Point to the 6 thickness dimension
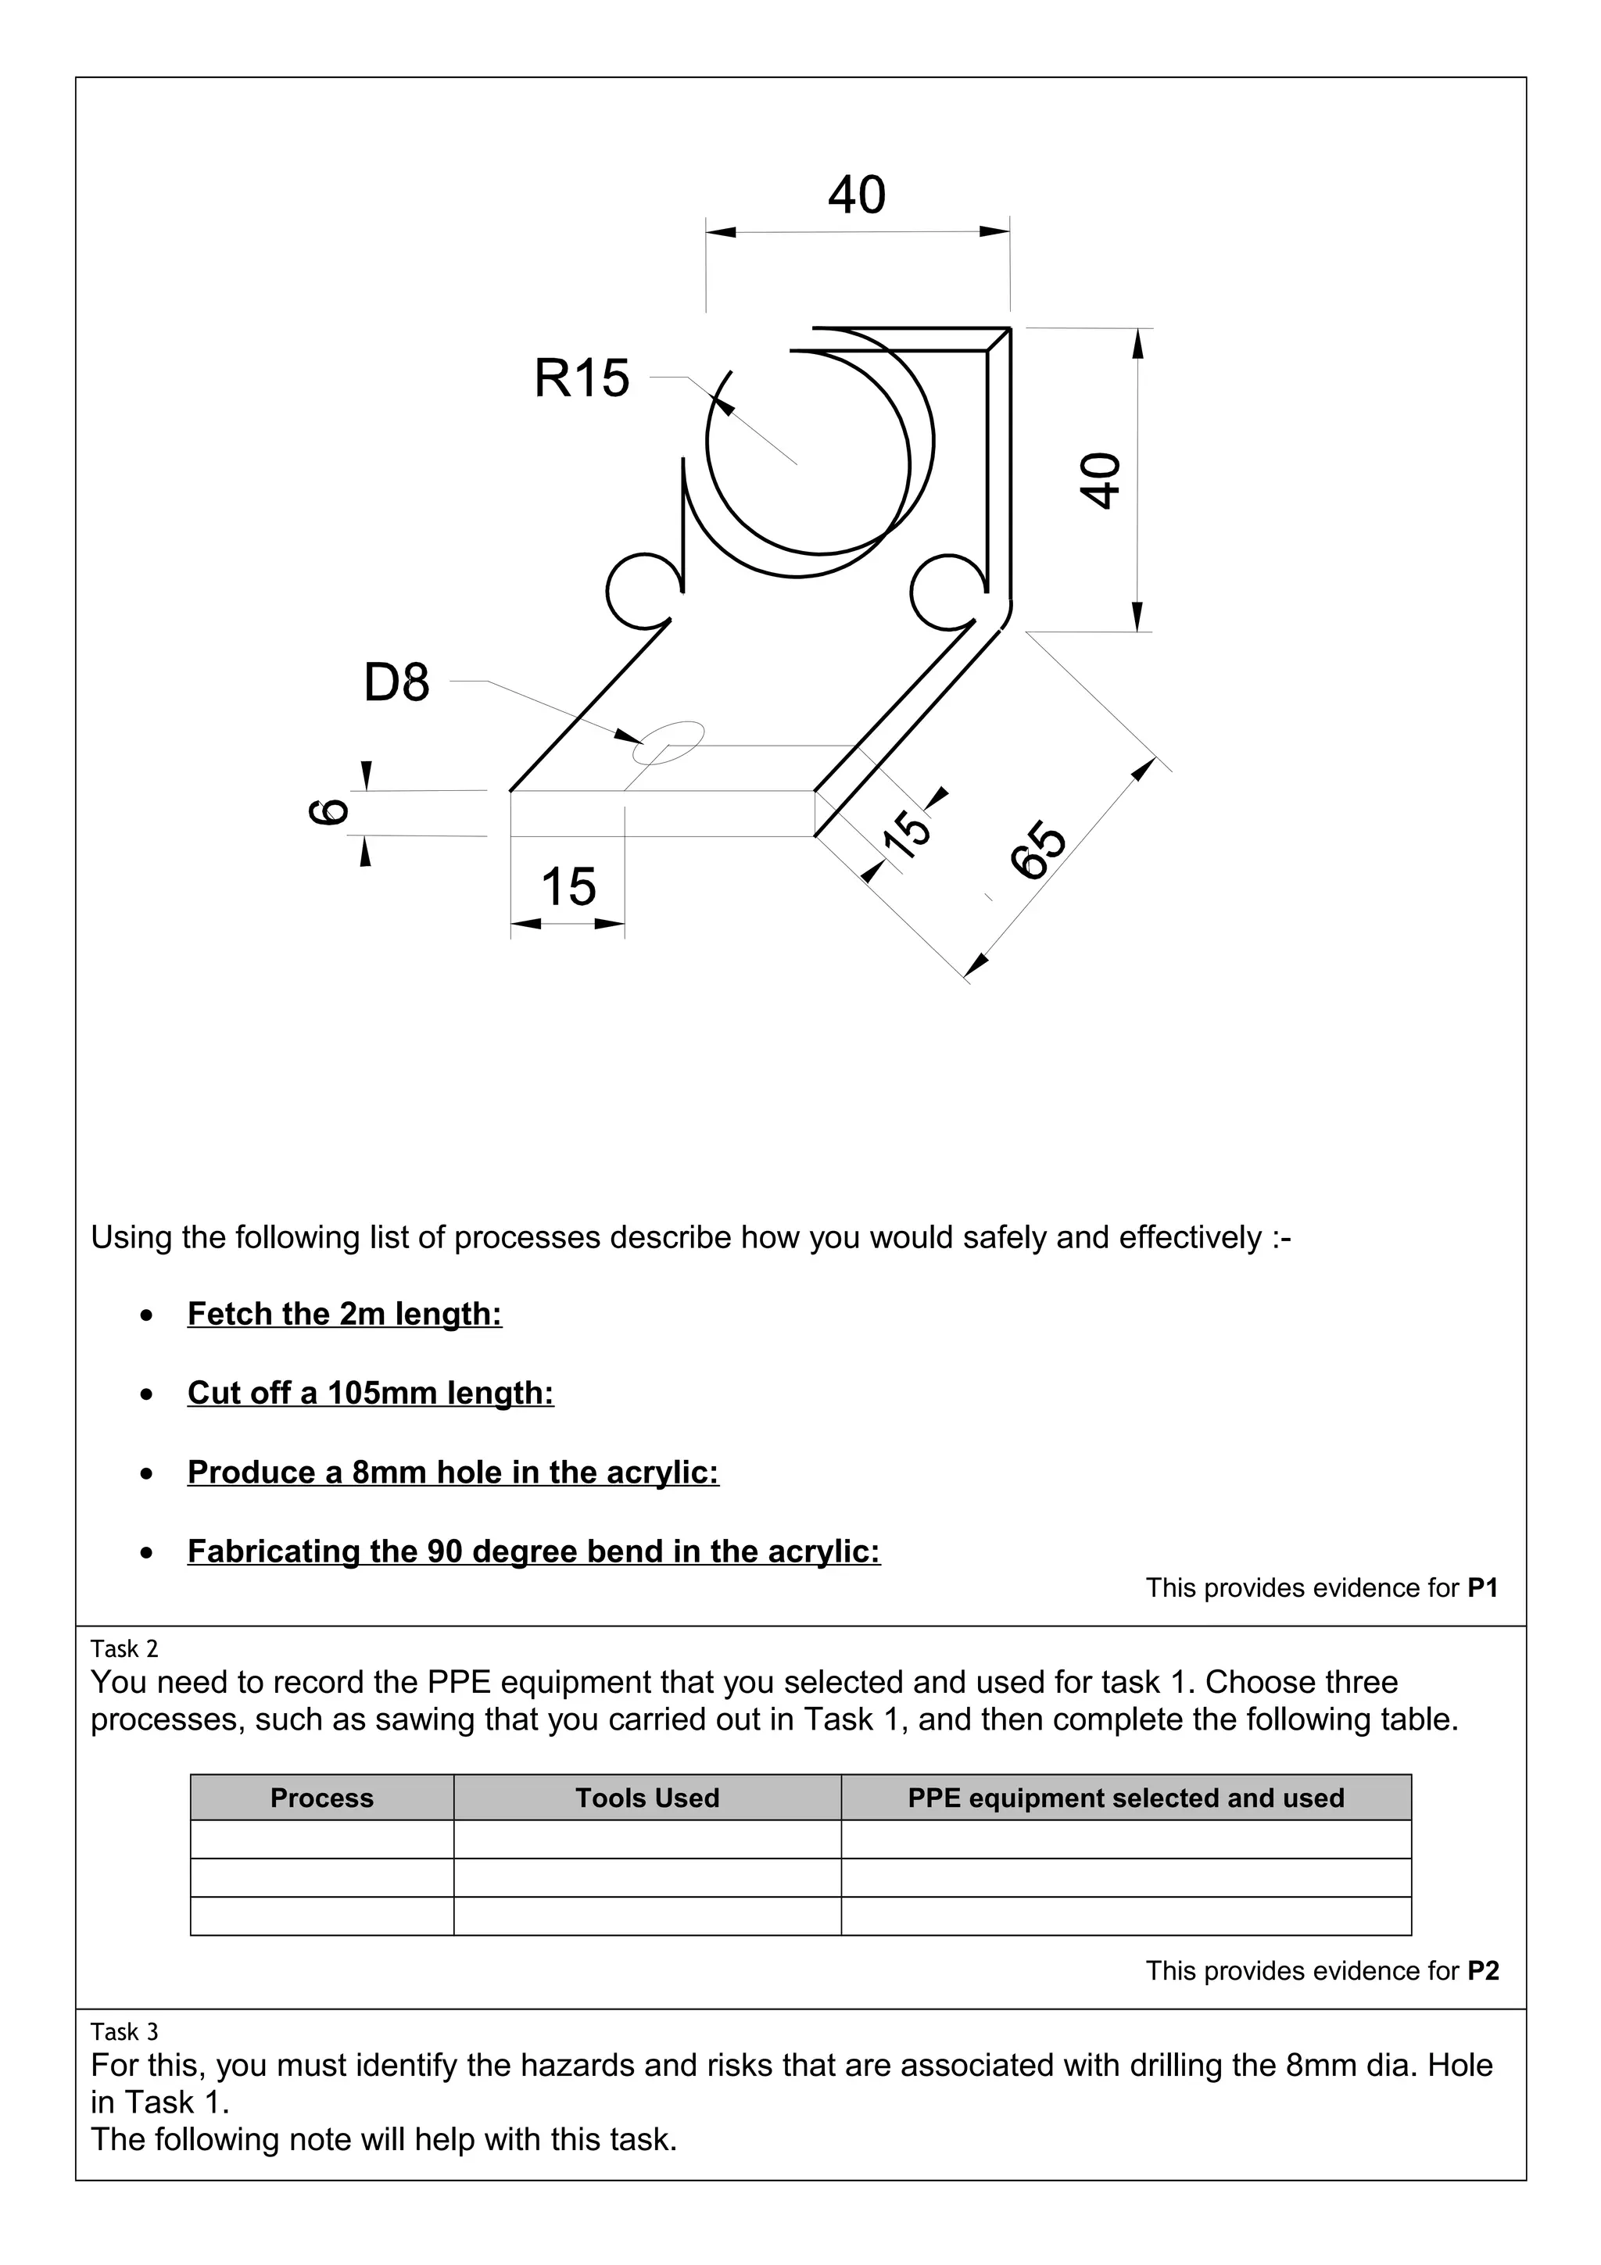[329, 812]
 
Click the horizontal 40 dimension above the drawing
[856, 195]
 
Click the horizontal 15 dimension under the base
[568, 886]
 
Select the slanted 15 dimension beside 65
[905, 831]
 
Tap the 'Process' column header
[321, 1798]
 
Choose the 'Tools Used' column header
[647, 1798]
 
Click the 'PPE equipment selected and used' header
[1126, 1798]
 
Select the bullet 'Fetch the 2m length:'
[344, 1314]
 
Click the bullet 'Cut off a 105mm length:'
[370, 1393]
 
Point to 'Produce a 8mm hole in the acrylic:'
[453, 1472]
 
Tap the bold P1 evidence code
[1483, 1588]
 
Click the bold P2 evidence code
[1483, 1971]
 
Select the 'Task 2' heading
[124, 1648]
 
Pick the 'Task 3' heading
[124, 2031]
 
